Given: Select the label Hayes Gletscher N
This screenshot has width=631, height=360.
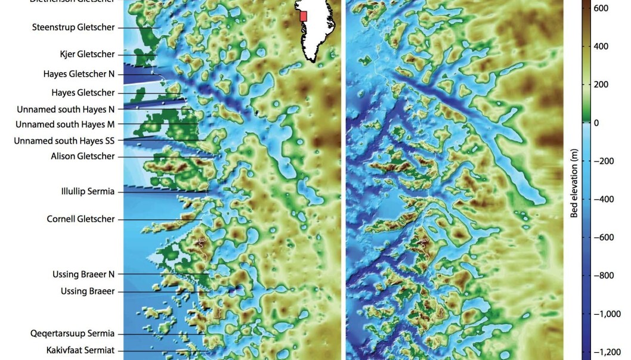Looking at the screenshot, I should tap(79, 74).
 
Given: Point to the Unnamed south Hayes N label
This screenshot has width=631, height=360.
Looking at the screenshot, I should tap(65, 109).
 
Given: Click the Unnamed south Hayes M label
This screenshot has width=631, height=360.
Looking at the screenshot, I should tap(65, 125).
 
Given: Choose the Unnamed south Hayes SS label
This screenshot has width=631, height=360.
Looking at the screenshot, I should tap(64, 141).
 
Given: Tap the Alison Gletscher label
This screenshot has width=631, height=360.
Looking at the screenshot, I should tap(83, 156).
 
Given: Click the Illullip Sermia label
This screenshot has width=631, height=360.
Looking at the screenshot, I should tap(88, 191).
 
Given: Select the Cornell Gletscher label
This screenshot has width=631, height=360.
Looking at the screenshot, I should tap(81, 219).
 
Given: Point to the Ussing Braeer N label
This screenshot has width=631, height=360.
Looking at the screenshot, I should tap(83, 274).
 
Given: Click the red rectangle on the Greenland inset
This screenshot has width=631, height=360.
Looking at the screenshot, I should tap(303, 16).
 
